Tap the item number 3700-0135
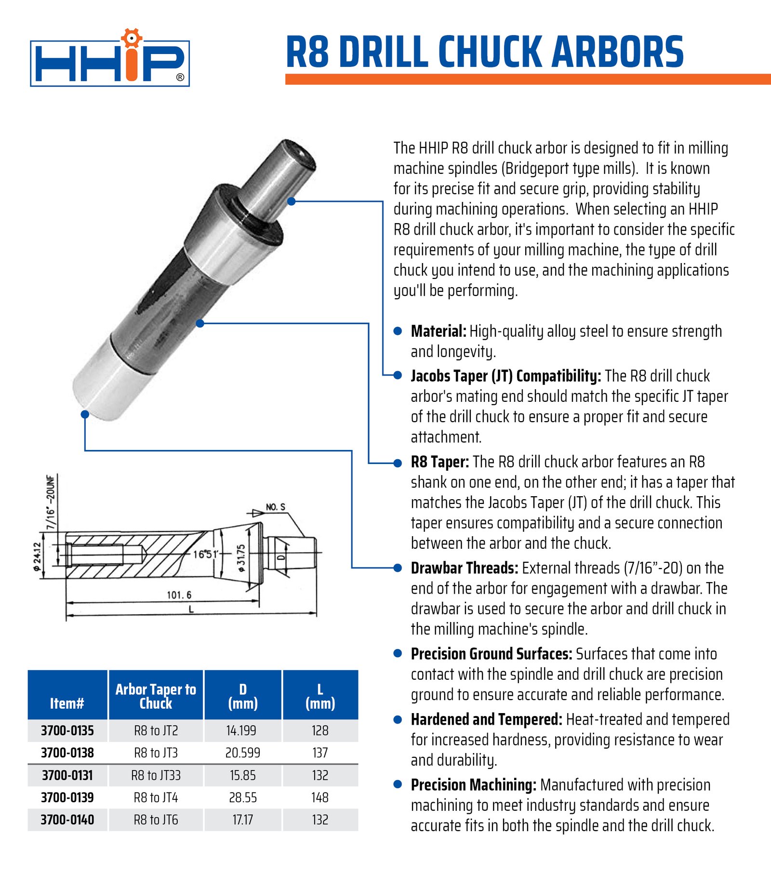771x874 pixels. pos(67,731)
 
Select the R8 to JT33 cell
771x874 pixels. pos(156,776)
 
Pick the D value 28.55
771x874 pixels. pos(242,798)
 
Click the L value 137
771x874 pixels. pos(320,753)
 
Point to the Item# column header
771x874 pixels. pos(67,703)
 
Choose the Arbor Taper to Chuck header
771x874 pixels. pos(156,696)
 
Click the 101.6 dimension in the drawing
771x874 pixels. pos(179,595)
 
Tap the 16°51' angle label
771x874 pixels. pos(206,554)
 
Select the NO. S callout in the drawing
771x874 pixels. pos(276,507)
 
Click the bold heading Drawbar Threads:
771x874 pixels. pos(464,568)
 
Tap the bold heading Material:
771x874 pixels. pos(438,331)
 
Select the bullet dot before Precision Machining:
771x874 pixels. pos(398,784)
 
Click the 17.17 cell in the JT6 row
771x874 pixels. pos(242,820)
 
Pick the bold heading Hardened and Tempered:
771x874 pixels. pos(486,719)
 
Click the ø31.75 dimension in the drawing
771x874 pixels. pos(241,558)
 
